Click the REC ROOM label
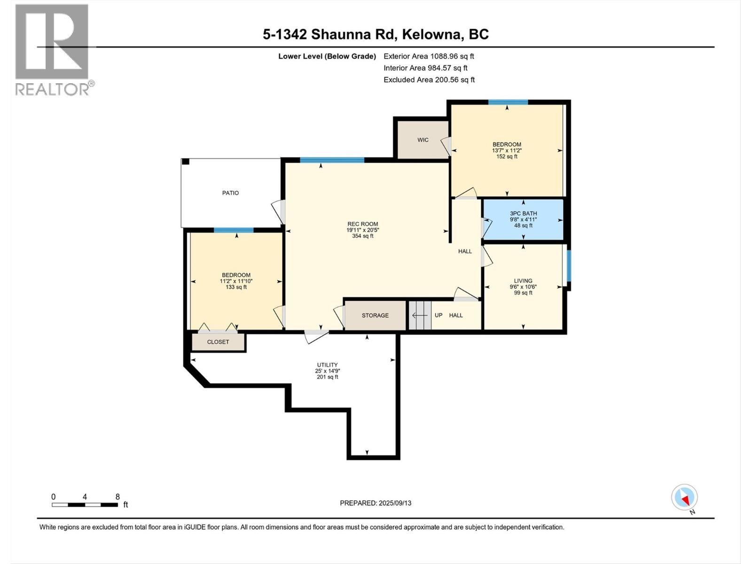362,224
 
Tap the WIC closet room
423,140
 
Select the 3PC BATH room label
523,213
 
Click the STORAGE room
375,315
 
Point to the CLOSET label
218,342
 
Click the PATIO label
230,193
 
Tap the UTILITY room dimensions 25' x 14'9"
327,371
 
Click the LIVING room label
523,281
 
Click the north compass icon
684,497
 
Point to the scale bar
85,505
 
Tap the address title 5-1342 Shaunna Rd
376,34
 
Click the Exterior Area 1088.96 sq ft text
429,56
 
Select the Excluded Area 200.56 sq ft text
429,80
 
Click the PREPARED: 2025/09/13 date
376,503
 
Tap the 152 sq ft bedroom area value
507,157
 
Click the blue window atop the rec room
332,160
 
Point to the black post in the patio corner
186,162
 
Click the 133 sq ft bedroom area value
236,287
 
